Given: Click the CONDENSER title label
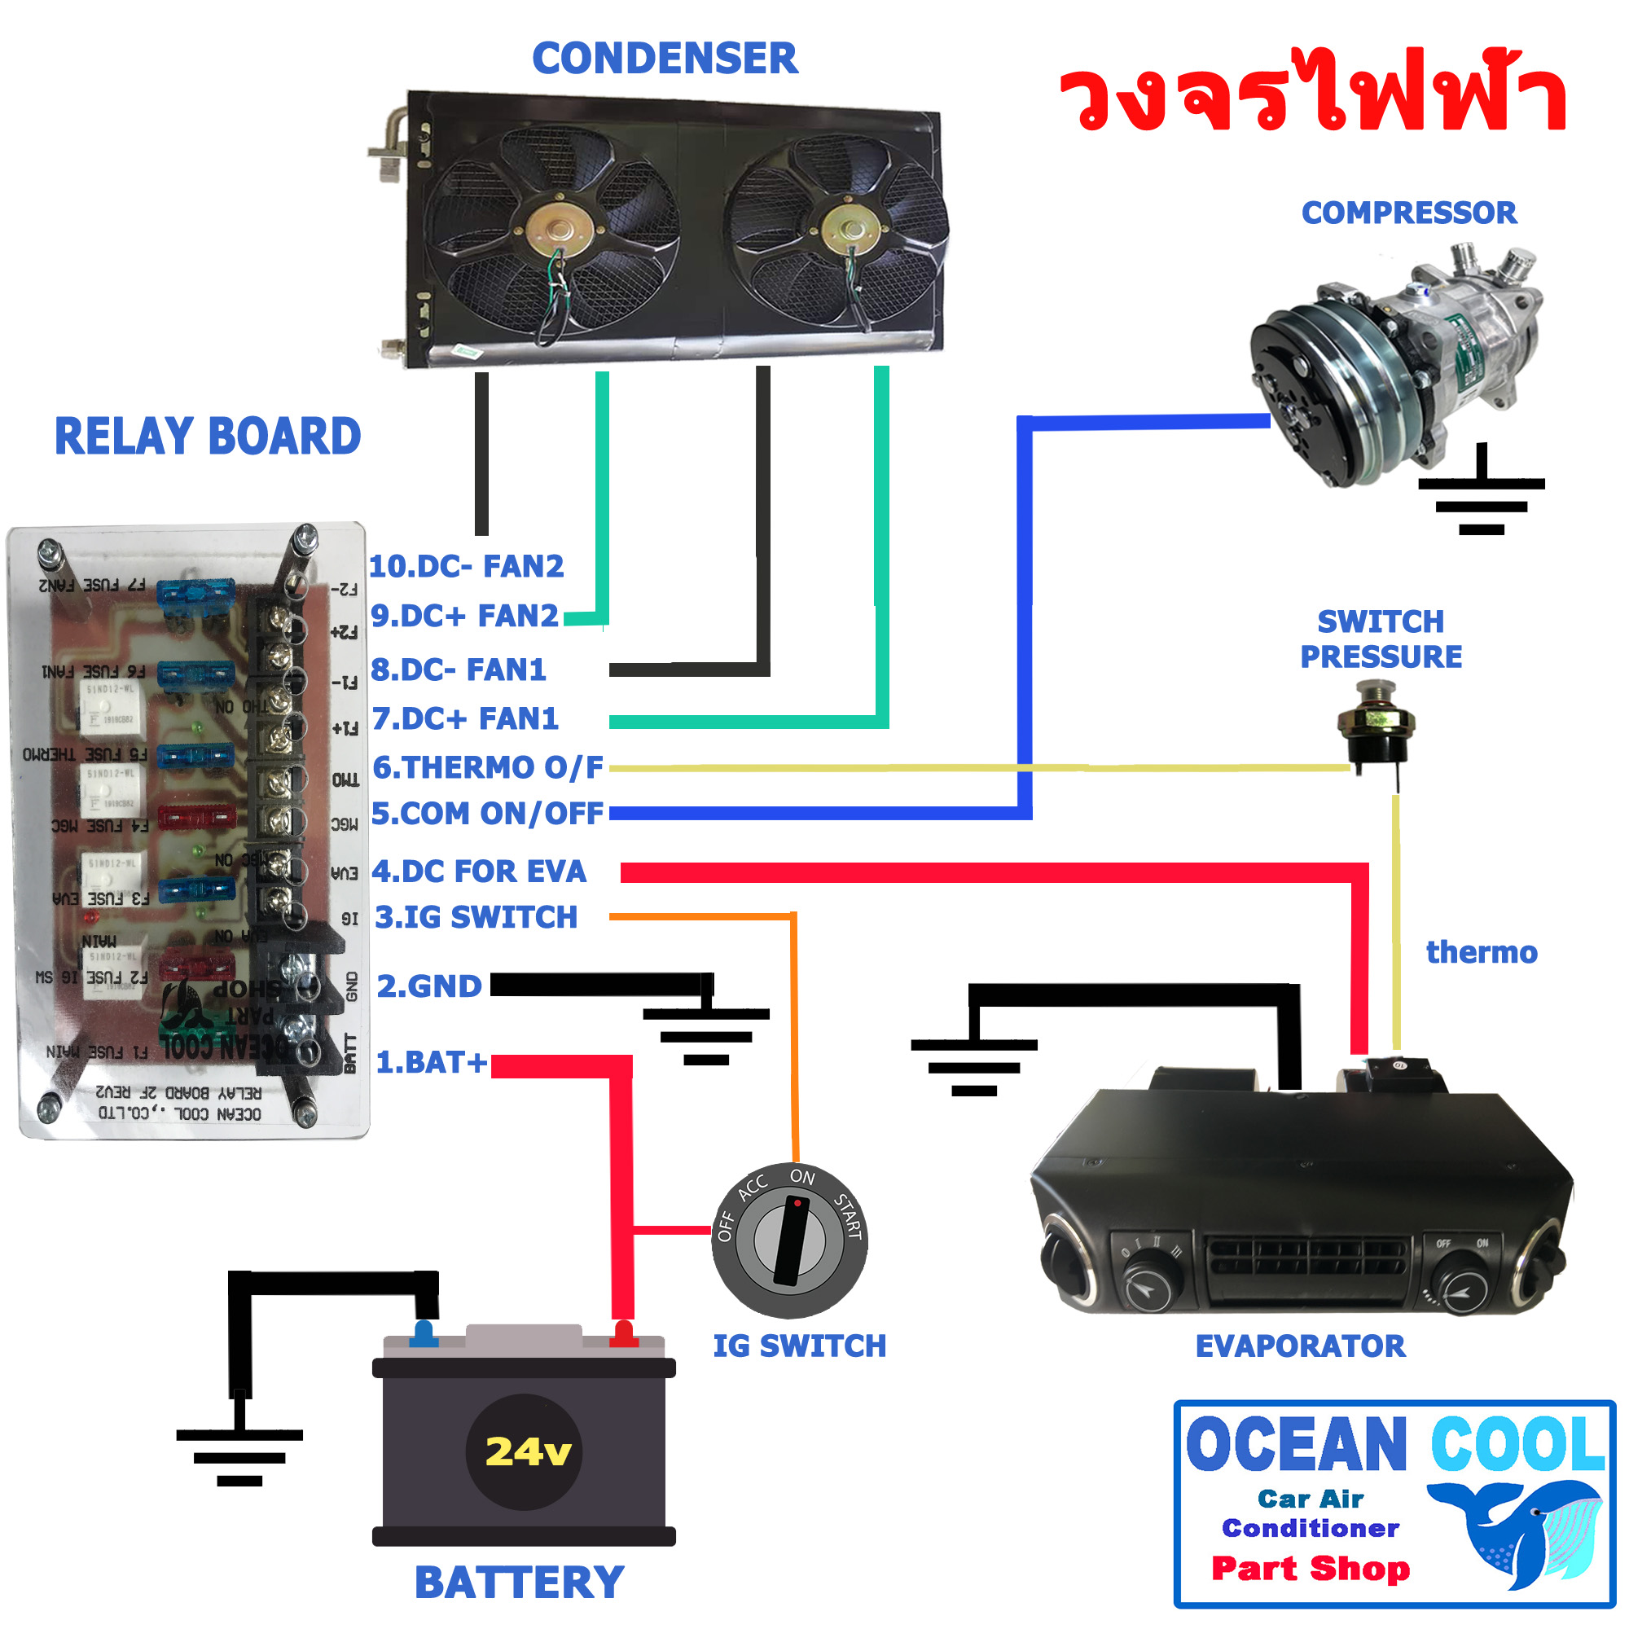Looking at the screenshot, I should tap(665, 59).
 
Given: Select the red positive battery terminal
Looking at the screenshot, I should tap(623, 1333).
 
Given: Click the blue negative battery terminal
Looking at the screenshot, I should tap(424, 1333).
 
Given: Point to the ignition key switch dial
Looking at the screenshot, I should tap(789, 1241).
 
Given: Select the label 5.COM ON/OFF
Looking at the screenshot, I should tap(487, 814).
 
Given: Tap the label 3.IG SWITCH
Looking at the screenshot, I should tap(476, 916).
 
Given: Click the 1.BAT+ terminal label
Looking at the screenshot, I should tap(431, 1061).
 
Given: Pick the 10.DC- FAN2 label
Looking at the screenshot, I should tap(466, 566).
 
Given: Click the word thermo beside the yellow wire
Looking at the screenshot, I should tap(1481, 952).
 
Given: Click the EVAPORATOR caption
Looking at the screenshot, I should tap(1300, 1346).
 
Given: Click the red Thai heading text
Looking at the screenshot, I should tap(1312, 94).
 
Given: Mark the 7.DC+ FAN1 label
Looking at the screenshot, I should tap(465, 718).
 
